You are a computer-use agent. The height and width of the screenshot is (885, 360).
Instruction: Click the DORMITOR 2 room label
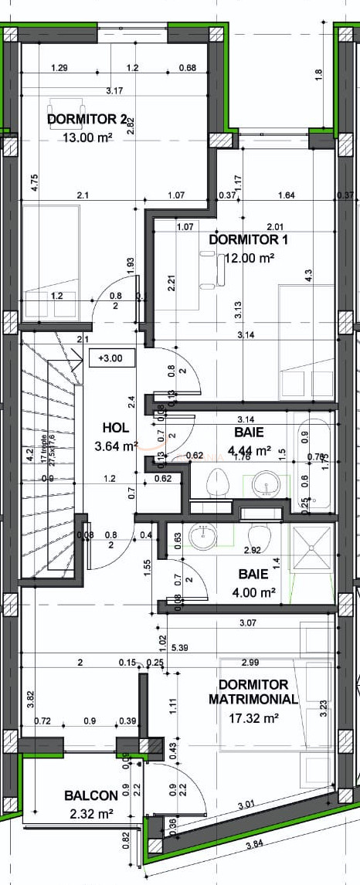tap(87, 120)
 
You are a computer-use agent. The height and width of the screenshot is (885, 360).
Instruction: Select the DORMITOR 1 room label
tap(248, 239)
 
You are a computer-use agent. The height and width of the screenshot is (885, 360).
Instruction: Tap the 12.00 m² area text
tap(250, 258)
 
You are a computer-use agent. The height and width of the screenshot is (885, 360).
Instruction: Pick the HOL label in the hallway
tap(115, 427)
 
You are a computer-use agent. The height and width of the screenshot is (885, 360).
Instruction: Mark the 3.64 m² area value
tap(115, 446)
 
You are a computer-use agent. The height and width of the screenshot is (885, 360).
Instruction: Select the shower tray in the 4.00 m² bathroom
tap(312, 548)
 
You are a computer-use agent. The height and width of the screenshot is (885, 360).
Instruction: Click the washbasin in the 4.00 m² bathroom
tap(204, 537)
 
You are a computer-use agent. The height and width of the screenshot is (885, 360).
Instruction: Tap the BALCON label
tap(90, 795)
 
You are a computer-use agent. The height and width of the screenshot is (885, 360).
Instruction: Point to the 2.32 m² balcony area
tap(90, 813)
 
